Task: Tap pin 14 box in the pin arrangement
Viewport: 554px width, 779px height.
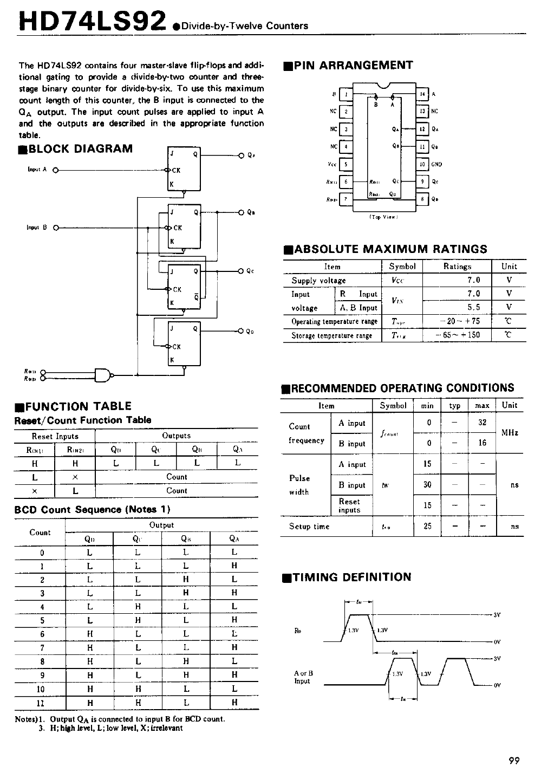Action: (422, 94)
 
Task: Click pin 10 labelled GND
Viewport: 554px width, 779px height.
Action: (422, 164)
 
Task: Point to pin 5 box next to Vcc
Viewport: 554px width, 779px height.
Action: (346, 164)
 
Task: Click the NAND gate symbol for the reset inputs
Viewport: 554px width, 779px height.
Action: (103, 374)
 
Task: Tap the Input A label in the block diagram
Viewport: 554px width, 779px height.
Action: (37, 170)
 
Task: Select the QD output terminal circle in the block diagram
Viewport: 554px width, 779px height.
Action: (241, 330)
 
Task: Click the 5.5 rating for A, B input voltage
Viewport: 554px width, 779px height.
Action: (473, 307)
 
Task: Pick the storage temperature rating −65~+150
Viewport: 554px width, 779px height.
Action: (458, 335)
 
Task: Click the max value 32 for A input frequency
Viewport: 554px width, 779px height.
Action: (482, 423)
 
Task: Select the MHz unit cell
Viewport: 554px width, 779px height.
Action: (510, 433)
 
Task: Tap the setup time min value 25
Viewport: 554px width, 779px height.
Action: (427, 526)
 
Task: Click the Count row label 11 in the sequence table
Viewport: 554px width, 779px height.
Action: (41, 703)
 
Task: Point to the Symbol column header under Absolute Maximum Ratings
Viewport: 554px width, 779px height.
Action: (402, 267)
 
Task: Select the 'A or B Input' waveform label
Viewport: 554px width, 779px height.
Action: (303, 677)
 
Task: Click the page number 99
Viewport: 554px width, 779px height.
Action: (514, 761)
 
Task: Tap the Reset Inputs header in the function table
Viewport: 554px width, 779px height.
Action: (55, 436)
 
